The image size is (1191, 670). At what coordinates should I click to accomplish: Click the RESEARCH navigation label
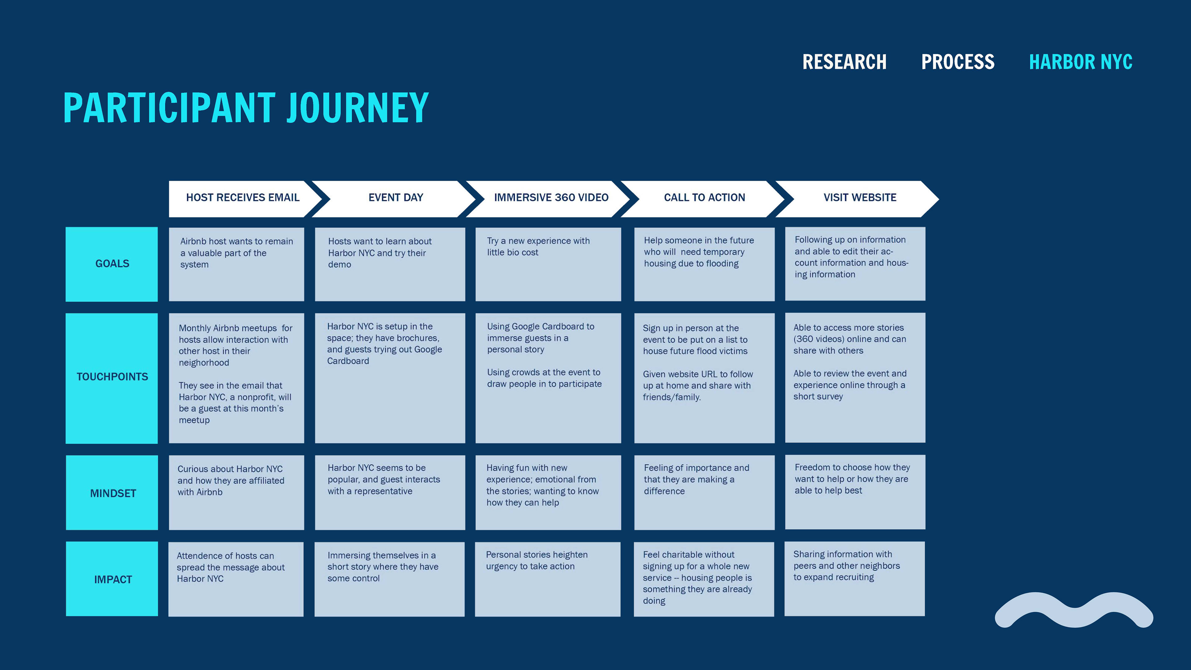click(844, 62)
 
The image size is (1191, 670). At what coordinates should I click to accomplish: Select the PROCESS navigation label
click(957, 62)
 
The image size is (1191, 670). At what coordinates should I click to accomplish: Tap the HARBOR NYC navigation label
click(1081, 62)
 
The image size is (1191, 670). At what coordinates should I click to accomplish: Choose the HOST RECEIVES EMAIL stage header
click(243, 198)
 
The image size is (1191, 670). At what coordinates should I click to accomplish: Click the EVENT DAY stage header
click(396, 198)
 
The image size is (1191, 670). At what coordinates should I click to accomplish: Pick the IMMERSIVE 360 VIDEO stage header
click(551, 198)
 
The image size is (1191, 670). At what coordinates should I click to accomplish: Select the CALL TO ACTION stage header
click(704, 198)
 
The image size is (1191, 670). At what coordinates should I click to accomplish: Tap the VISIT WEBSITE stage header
click(859, 198)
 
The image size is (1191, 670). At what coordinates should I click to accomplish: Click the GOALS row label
click(112, 264)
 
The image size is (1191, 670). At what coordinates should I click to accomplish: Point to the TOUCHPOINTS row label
click(112, 377)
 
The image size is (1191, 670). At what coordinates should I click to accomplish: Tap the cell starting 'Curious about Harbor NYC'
click(237, 493)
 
